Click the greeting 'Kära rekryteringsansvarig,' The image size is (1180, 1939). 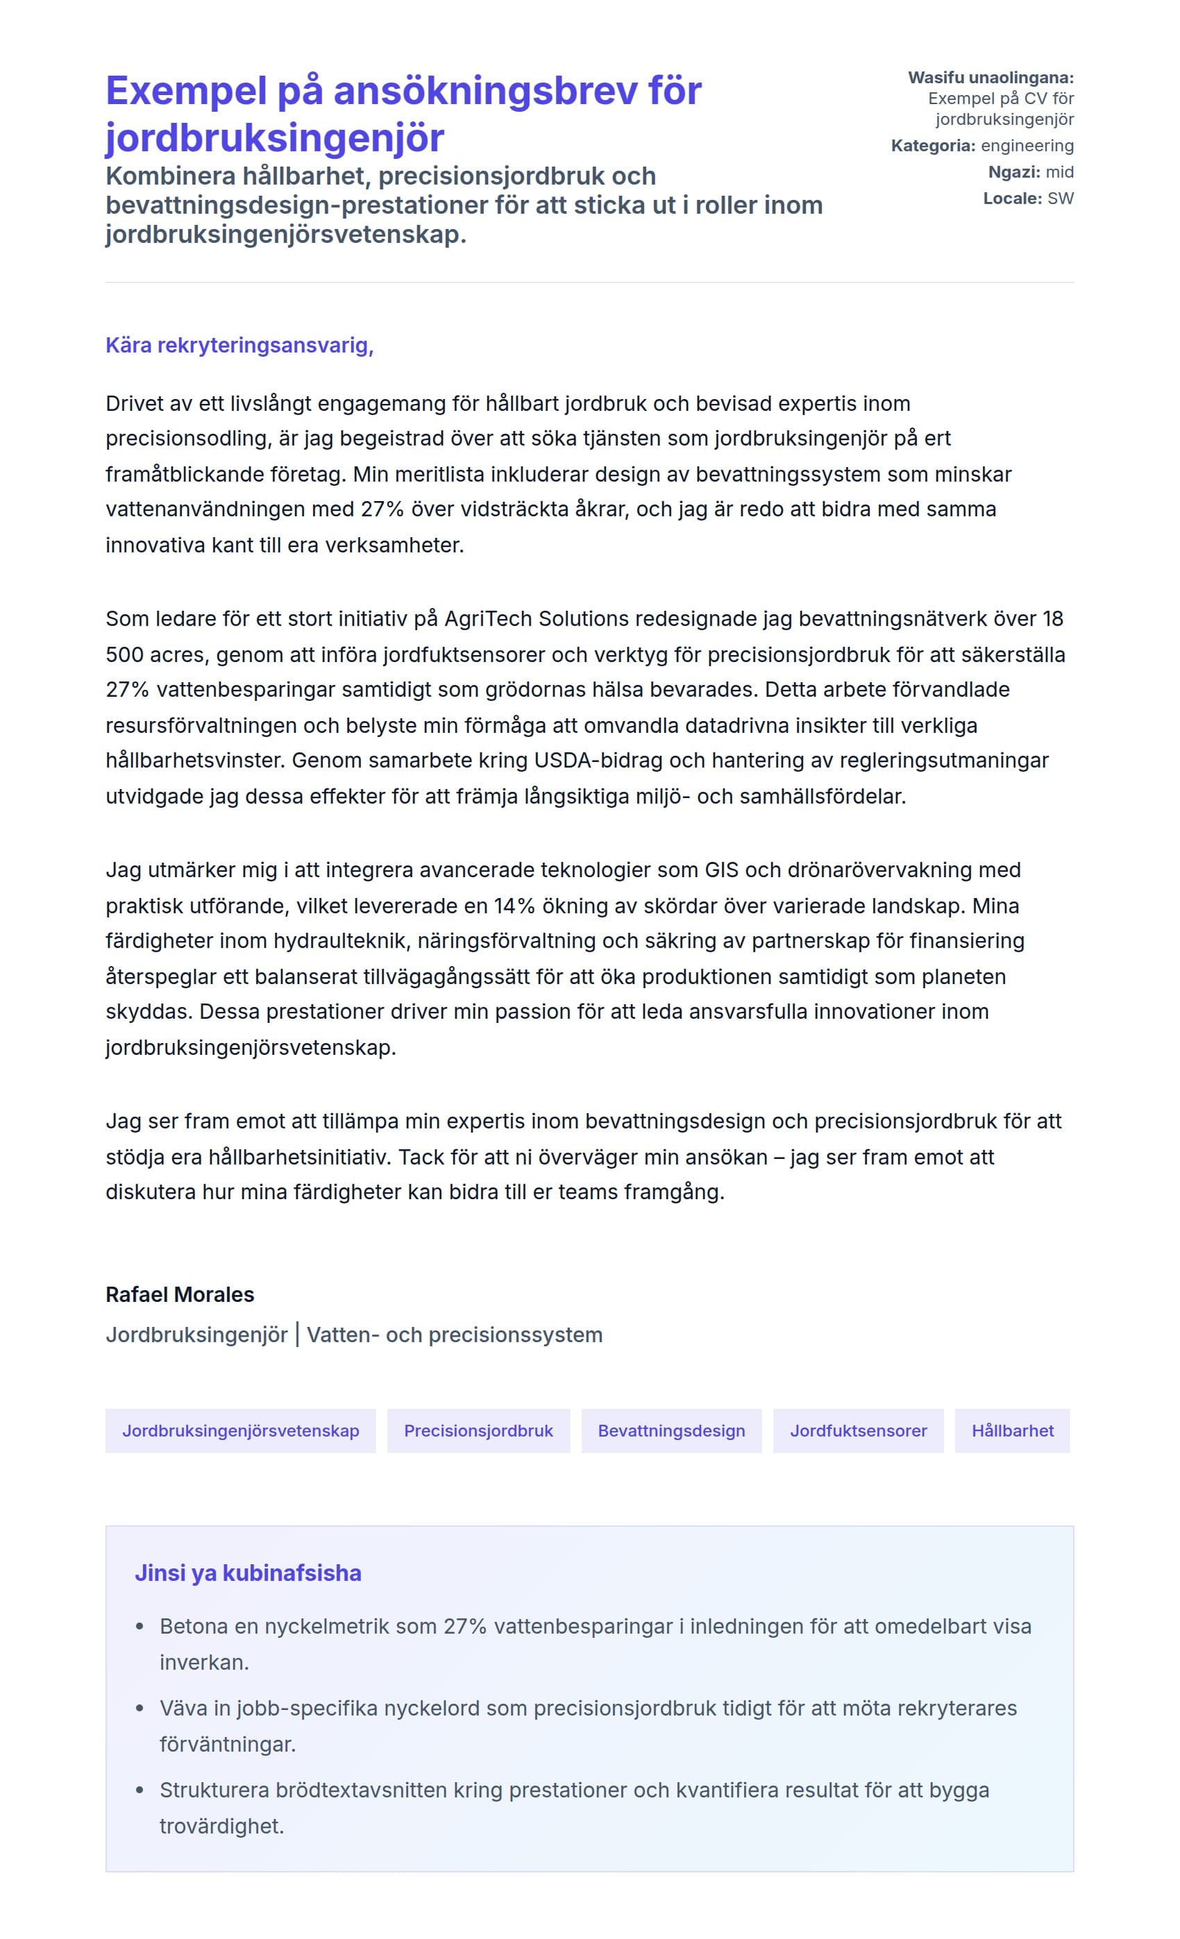click(x=239, y=346)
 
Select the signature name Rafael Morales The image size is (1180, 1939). click(x=180, y=1294)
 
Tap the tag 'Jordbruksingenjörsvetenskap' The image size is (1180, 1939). click(x=240, y=1430)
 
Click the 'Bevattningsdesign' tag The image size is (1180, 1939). click(x=671, y=1430)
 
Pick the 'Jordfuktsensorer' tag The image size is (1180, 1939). click(x=858, y=1430)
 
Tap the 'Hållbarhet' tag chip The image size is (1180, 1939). click(x=1011, y=1430)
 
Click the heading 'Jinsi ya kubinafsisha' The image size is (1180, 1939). click(x=248, y=1573)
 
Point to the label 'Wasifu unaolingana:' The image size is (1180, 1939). click(x=991, y=78)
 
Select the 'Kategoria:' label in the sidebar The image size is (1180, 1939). click(x=933, y=146)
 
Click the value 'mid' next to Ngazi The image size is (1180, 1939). click(x=1059, y=172)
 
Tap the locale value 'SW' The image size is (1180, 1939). click(x=1061, y=198)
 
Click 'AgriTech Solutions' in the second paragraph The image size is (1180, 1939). click(x=536, y=618)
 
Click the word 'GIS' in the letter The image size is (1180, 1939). click(x=721, y=870)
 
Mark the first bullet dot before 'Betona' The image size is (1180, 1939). click(x=140, y=1627)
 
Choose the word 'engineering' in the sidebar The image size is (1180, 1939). click(x=1027, y=146)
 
